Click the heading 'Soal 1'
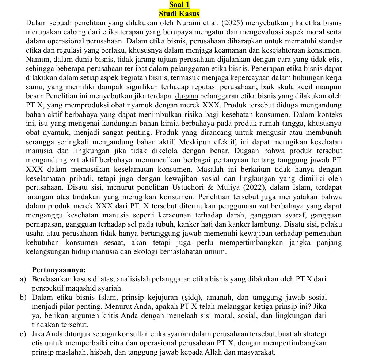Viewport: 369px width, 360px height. pyautogui.click(x=179, y=4)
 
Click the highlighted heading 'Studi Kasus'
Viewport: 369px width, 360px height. pyautogui.click(x=179, y=14)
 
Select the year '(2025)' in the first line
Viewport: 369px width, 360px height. pyautogui.click(x=237, y=23)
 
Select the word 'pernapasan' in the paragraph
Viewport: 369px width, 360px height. pyautogui.click(x=42, y=224)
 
